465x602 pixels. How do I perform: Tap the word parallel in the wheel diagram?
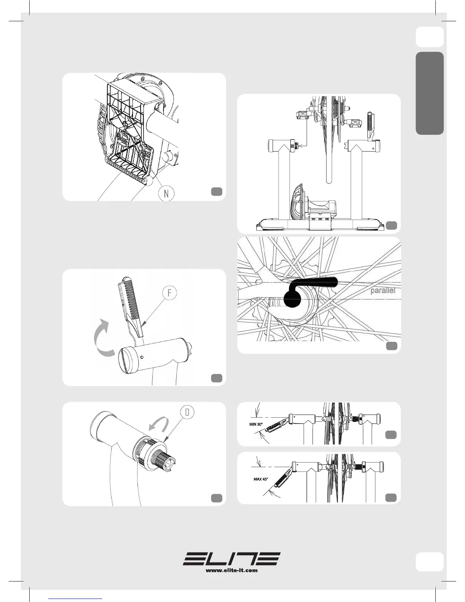pyautogui.click(x=383, y=291)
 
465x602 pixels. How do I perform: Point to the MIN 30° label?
pyautogui.click(x=256, y=424)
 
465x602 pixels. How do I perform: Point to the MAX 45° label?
pyautogui.click(x=261, y=479)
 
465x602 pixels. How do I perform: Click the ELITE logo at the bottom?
pyautogui.click(x=231, y=559)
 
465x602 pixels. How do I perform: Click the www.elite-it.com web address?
pyautogui.click(x=231, y=570)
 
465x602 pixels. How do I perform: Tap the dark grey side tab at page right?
pyautogui.click(x=430, y=93)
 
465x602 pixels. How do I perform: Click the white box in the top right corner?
pyautogui.click(x=430, y=36)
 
